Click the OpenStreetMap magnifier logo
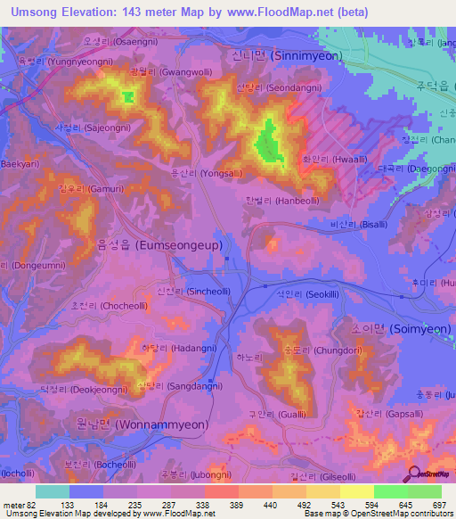pos(413,474)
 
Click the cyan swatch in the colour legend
pos(53,491)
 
